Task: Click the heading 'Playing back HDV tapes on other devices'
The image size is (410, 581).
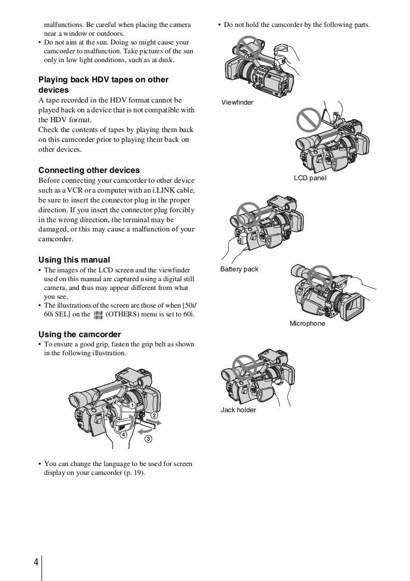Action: click(x=103, y=84)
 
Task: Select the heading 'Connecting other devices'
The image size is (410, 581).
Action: click(x=89, y=170)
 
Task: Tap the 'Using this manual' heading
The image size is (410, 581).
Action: click(x=74, y=259)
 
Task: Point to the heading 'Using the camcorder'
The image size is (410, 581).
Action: click(x=79, y=334)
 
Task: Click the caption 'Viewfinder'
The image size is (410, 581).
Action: click(x=237, y=102)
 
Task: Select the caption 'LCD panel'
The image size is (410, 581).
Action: click(x=310, y=178)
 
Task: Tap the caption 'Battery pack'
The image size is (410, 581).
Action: click(x=239, y=269)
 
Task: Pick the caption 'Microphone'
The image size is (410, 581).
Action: click(x=307, y=323)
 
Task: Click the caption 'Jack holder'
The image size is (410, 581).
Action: click(x=238, y=410)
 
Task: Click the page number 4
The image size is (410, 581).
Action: click(x=36, y=562)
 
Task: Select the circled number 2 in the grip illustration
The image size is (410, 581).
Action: click(x=154, y=415)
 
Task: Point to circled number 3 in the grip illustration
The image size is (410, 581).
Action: click(x=148, y=439)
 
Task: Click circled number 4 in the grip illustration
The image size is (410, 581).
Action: click(x=123, y=435)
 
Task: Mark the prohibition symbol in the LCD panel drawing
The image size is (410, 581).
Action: click(x=310, y=120)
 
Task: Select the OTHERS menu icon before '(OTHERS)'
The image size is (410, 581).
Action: click(x=97, y=314)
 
